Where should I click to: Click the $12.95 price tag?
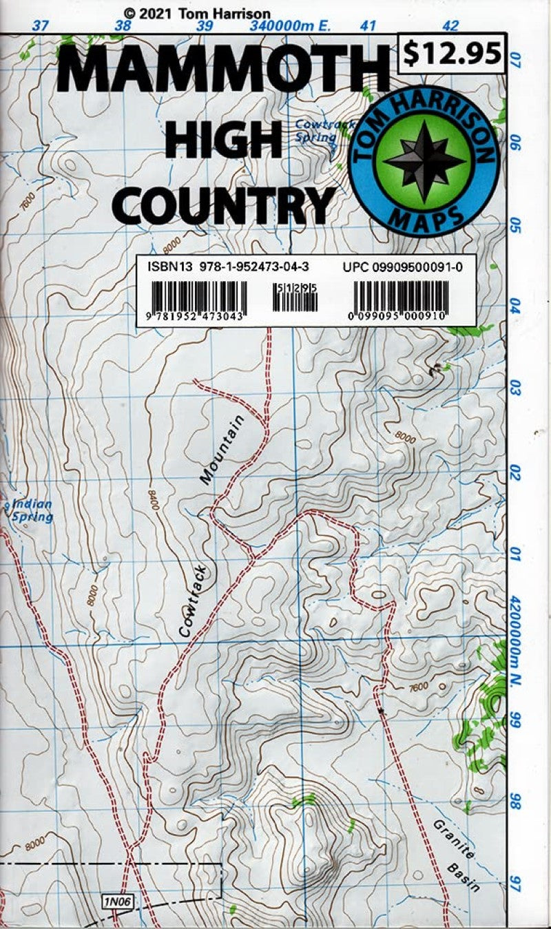coord(453,53)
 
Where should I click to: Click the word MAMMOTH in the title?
coord(224,72)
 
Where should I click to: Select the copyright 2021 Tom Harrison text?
coord(197,13)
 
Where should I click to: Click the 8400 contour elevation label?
coord(153,501)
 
